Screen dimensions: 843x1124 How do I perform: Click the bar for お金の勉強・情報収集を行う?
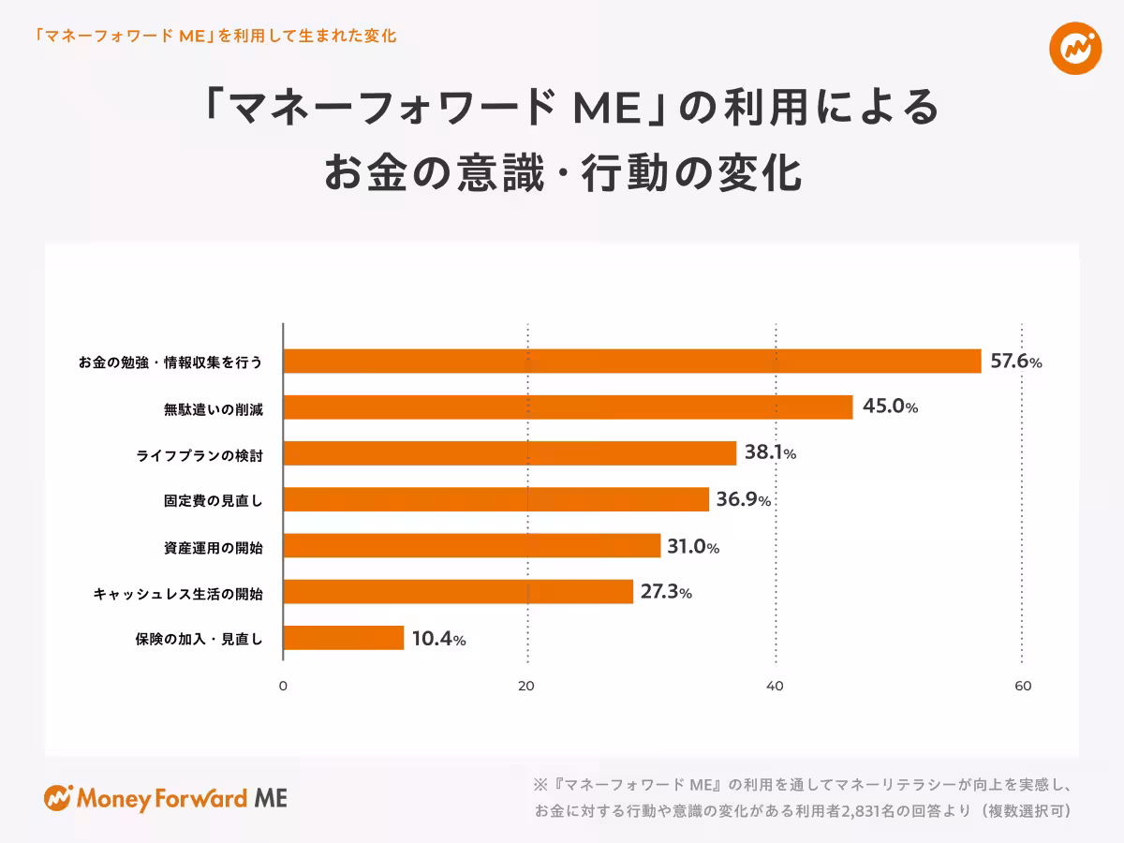[632, 362]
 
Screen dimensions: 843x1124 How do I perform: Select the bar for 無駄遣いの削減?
[568, 407]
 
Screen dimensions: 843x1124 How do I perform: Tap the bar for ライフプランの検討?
[510, 453]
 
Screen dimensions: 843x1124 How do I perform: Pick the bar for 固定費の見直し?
[495, 499]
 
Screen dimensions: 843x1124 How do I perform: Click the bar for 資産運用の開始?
[471, 546]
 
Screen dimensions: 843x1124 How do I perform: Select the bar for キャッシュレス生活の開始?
[458, 592]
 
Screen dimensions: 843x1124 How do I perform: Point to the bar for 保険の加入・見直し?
[343, 638]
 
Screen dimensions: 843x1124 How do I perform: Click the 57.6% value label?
[1015, 362]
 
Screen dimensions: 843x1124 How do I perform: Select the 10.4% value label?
[438, 639]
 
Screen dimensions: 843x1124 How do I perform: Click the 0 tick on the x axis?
[283, 686]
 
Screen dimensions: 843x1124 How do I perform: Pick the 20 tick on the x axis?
[527, 686]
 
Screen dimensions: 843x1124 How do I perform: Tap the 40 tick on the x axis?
[775, 686]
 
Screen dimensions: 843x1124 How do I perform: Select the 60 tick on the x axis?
[1023, 686]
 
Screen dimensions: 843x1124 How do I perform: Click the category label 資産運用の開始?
[213, 547]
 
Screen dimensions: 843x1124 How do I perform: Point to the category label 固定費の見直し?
[213, 500]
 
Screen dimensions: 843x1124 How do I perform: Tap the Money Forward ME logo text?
[182, 799]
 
